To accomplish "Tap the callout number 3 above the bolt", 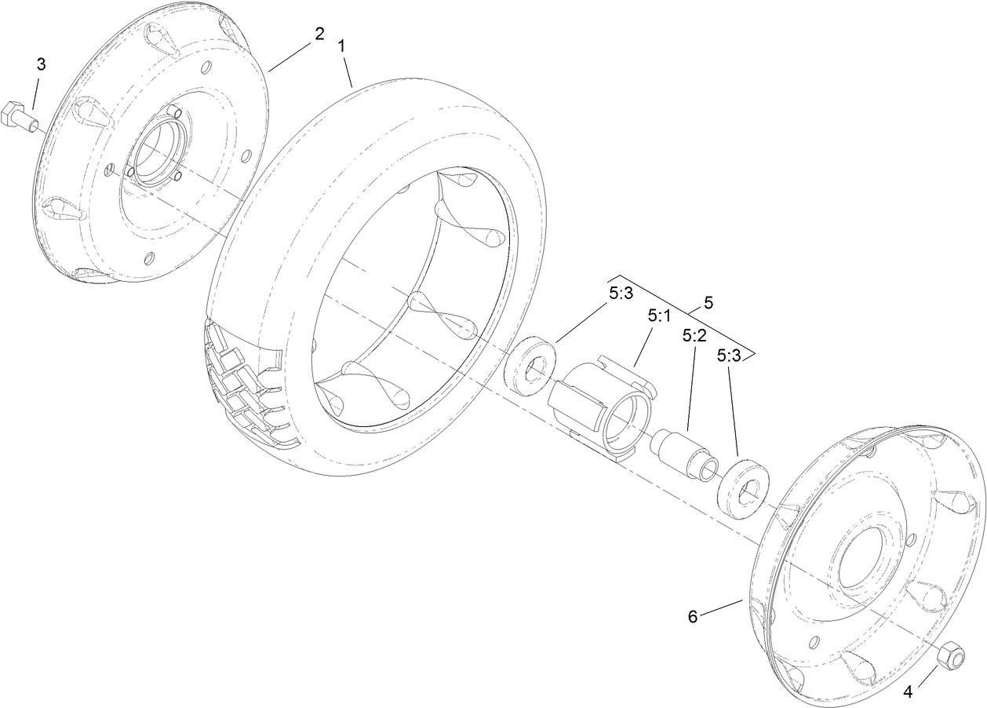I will (41, 65).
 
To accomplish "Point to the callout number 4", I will (909, 692).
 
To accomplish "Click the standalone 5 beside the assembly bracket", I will (708, 302).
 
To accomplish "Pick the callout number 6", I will (693, 616).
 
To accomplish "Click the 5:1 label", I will (659, 316).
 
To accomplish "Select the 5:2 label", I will (694, 335).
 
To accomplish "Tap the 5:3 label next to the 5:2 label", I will (728, 355).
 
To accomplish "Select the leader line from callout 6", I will (720, 608).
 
